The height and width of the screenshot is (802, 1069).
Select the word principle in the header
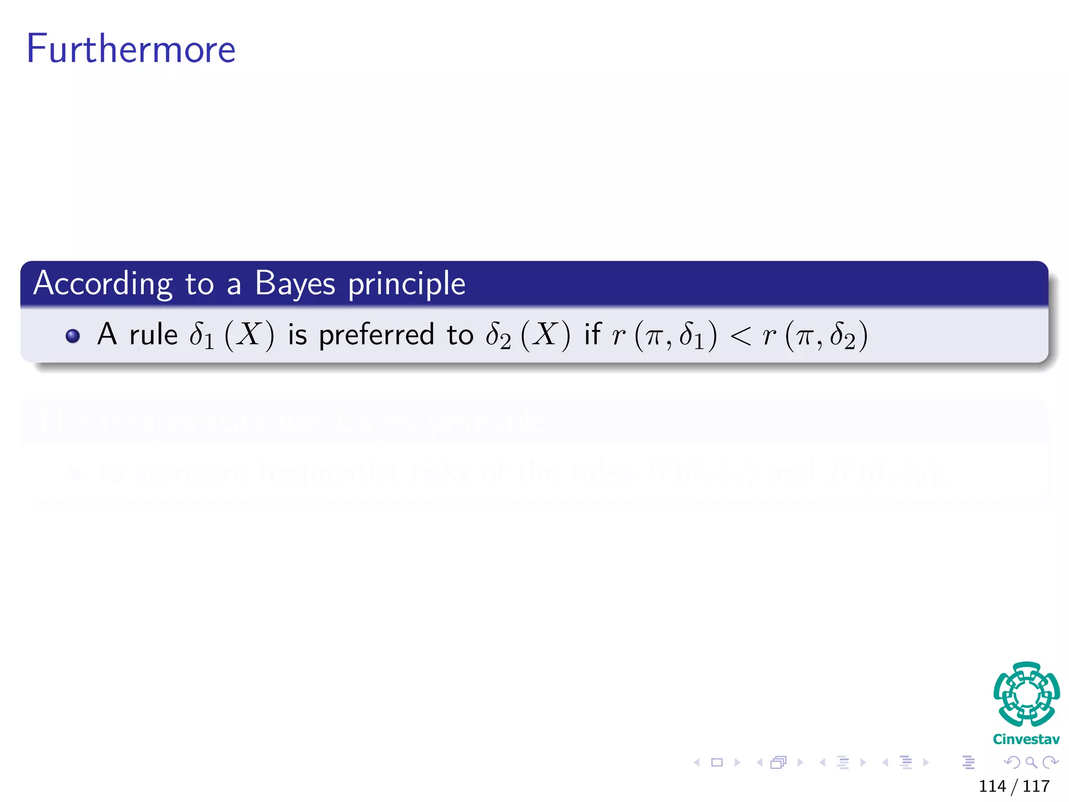point(407,285)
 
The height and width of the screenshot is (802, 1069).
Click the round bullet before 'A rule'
point(73,335)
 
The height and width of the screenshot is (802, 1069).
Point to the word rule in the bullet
point(153,335)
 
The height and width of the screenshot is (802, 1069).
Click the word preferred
point(376,335)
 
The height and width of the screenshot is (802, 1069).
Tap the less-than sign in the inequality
point(740,335)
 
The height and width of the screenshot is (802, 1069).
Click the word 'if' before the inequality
point(592,334)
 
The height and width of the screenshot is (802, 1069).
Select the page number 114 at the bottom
point(992,786)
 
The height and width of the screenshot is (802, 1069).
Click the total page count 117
point(1036,786)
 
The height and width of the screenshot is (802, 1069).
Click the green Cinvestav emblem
point(1026,694)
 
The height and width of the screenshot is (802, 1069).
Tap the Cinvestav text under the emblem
point(1026,739)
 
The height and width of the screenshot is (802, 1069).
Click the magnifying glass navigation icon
point(1031,762)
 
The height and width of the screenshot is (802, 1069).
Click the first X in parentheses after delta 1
point(249,334)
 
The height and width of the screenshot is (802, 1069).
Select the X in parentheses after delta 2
point(545,334)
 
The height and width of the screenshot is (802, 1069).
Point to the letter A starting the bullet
point(107,334)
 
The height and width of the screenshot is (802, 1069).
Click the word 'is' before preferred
point(298,335)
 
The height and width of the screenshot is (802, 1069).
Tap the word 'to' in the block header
point(199,285)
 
